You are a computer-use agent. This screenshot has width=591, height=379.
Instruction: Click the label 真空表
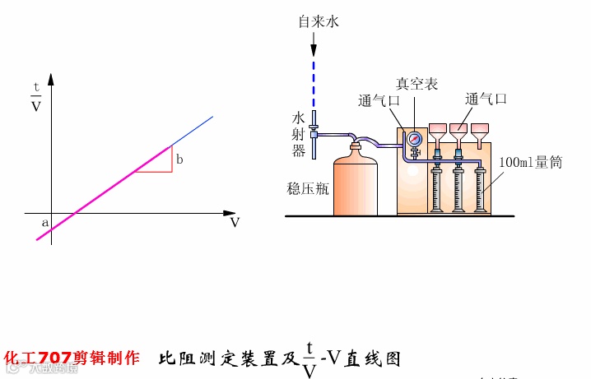pos(416,85)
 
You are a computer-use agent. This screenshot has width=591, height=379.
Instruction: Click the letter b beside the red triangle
pos(179,158)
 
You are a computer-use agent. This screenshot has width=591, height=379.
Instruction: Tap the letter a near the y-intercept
pos(44,222)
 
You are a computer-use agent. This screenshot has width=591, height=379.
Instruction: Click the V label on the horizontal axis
pos(235,222)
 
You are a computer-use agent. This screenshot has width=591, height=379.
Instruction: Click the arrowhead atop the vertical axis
pos(51,80)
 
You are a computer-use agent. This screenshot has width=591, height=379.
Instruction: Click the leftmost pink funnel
pos(438,130)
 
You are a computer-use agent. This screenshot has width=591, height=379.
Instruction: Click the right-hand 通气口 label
pos(486,99)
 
